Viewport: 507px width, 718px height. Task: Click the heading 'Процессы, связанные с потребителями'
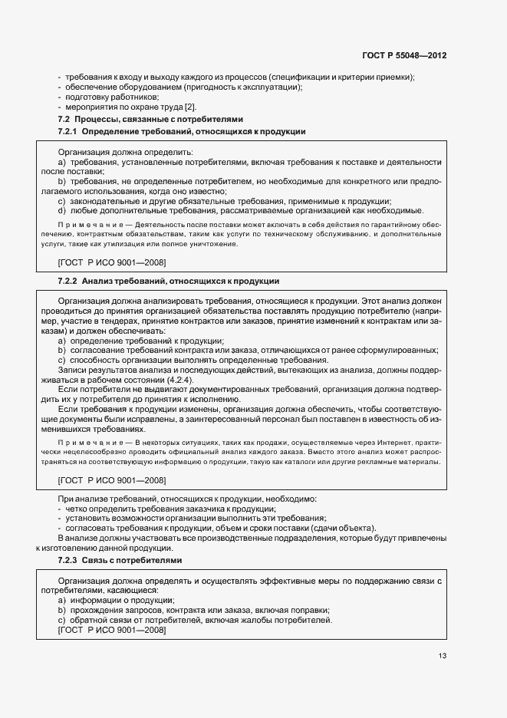click(163, 120)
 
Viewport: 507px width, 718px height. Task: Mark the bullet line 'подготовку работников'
click(102, 97)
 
